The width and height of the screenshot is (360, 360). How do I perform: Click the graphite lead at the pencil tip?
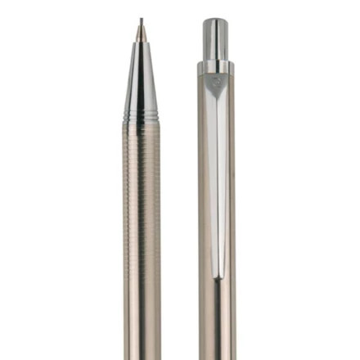tap(140, 22)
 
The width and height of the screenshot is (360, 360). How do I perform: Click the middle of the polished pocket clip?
tap(218, 180)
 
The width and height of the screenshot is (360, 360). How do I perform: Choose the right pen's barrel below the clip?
tap(218, 327)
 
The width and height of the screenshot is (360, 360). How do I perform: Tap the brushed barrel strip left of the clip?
tap(204, 180)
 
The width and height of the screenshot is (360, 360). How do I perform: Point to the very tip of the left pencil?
tap(140, 19)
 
